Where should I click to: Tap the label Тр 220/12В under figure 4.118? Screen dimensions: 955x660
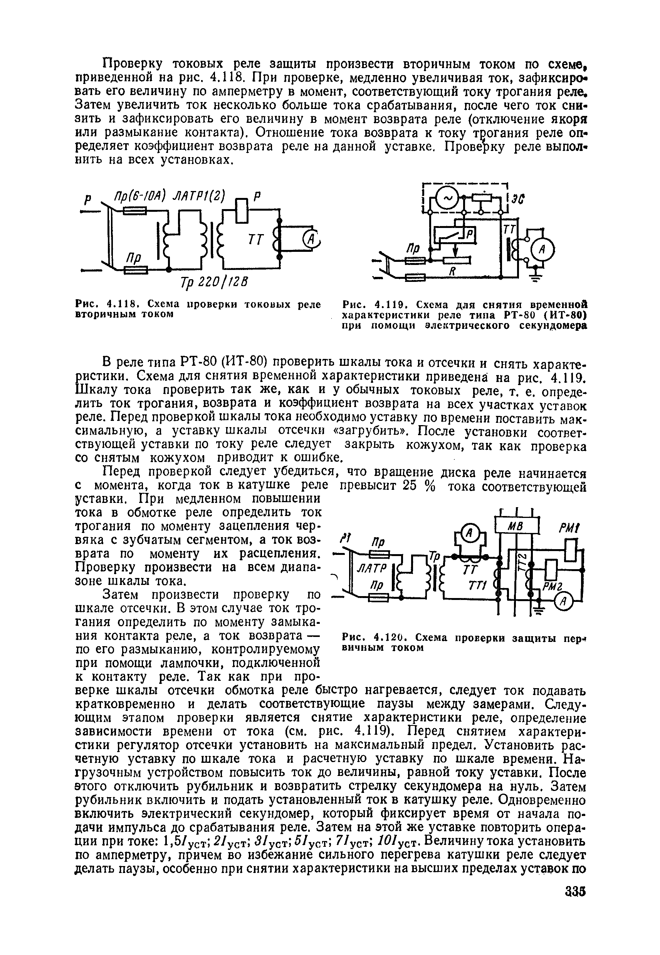point(213,283)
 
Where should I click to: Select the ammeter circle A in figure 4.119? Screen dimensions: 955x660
point(542,250)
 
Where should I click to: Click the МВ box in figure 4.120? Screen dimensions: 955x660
point(517,526)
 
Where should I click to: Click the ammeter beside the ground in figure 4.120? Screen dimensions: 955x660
point(564,603)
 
